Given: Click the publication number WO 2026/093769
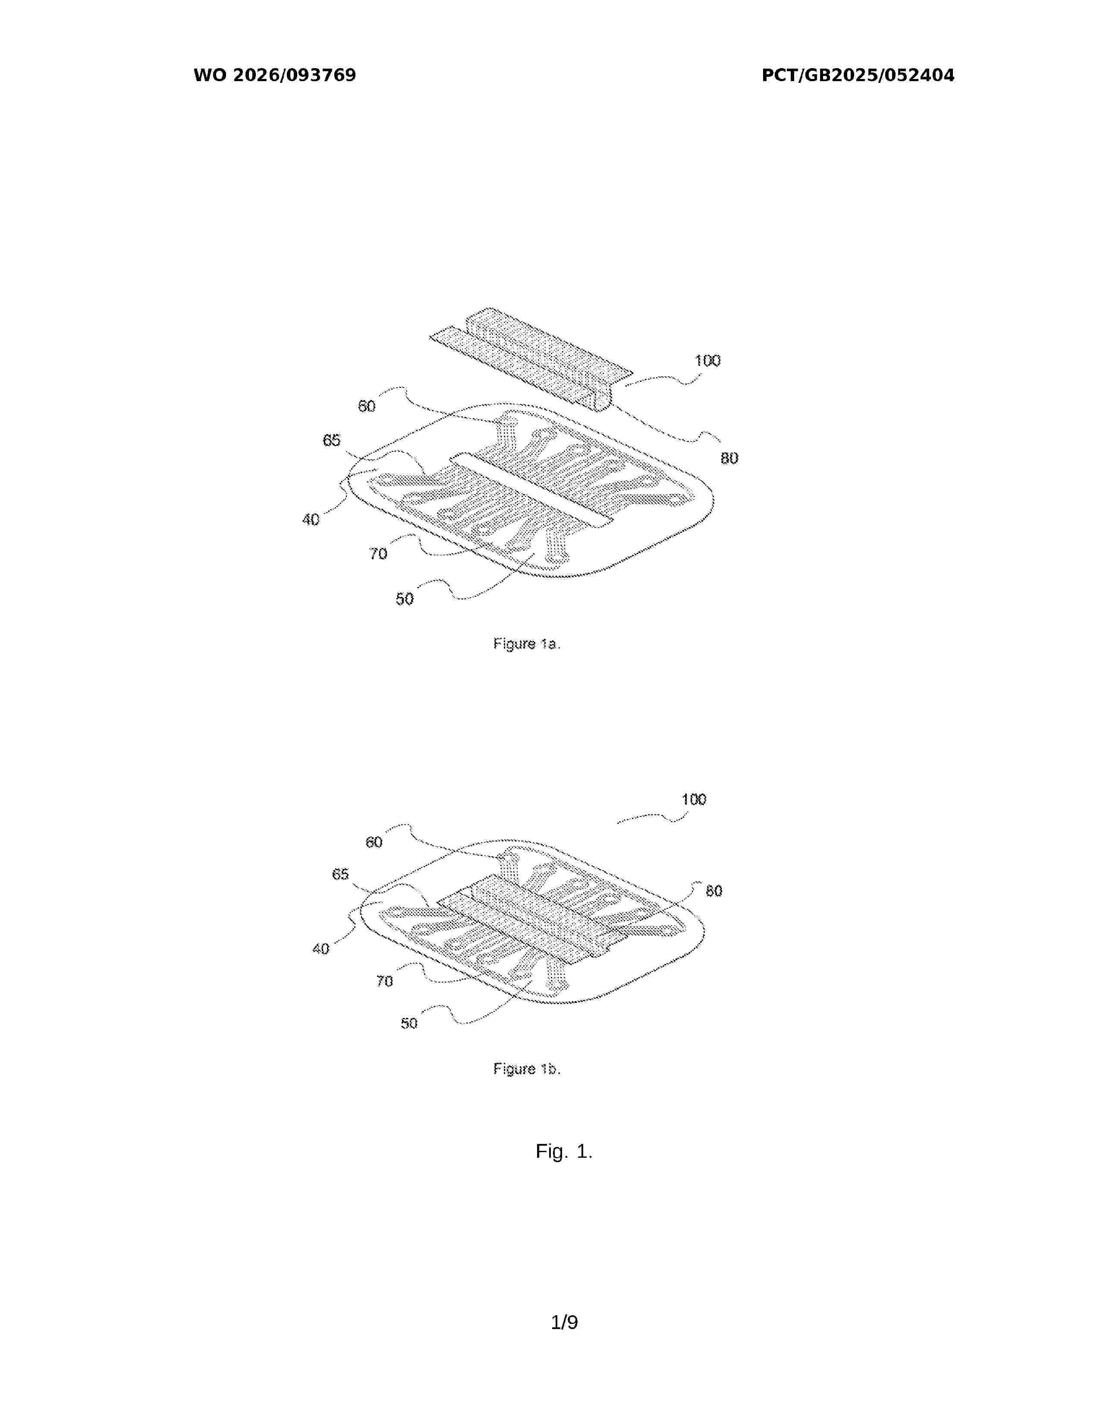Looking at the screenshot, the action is coord(275,76).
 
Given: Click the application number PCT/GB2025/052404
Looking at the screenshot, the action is coord(858,76).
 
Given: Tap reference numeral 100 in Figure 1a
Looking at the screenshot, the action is coord(707,361).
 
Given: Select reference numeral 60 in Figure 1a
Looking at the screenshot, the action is coord(367,406).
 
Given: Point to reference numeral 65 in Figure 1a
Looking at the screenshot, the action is coord(332,440).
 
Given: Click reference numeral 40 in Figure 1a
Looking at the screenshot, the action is coord(311,520).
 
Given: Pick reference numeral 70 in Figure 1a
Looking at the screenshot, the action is coord(378,554).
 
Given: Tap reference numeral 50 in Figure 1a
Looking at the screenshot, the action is coord(405,599).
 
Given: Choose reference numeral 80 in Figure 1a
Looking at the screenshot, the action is coord(729,458).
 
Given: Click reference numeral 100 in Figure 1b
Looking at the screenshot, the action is coord(693,799).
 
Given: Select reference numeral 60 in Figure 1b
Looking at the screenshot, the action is coord(374,842).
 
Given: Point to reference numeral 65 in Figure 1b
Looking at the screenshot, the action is coord(341,874).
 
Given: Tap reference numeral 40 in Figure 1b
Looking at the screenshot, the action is coord(321,948).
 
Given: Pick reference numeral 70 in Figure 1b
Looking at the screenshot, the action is coord(384,981).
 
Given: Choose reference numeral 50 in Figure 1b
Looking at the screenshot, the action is coord(409,1023).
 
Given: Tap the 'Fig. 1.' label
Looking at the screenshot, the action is coord(564,1151).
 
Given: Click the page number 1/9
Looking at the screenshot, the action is coord(564,1322).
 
